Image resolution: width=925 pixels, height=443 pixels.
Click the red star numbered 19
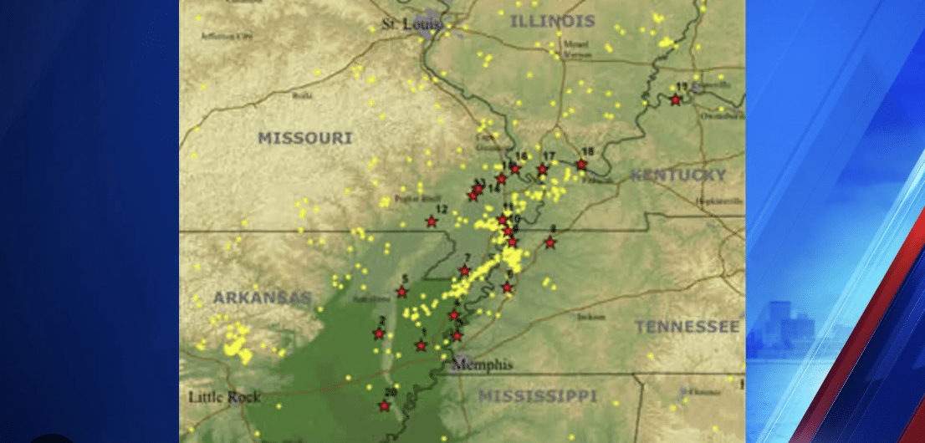[676, 99]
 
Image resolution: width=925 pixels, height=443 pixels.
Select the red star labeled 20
[384, 406]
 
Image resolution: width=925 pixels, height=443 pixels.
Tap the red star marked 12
[432, 221]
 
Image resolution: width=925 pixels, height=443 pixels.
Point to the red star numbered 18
[581, 165]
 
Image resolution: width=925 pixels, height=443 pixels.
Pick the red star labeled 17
[542, 170]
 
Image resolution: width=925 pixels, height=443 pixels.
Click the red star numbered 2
[378, 334]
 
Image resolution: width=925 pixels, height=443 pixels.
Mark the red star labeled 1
[422, 345]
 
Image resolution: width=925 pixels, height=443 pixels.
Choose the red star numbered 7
[465, 270]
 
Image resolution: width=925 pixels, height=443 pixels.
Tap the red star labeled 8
[550, 242]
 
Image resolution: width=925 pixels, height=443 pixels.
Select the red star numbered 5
[401, 292]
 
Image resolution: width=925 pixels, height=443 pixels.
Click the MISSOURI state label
[305, 138]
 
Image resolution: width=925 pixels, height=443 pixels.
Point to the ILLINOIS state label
[553, 21]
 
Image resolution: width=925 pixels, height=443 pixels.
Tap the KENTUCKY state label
[677, 175]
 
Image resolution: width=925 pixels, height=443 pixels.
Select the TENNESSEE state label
[687, 326]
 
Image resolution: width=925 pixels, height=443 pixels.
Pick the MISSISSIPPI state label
[537, 395]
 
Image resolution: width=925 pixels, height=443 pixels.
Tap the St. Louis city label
[400, 24]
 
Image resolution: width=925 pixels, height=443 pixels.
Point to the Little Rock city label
[223, 397]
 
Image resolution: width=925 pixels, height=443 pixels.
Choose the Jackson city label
[590, 317]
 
